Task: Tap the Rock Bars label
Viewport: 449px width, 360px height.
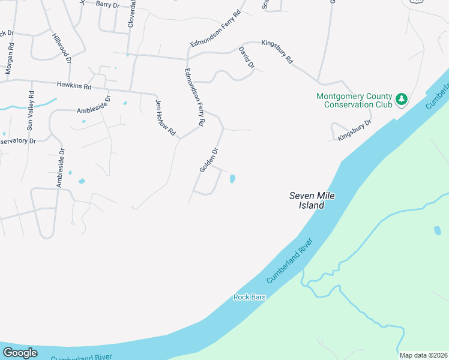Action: click(249, 297)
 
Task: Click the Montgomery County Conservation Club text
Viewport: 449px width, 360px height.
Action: click(354, 100)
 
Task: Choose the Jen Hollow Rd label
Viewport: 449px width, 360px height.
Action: click(166, 117)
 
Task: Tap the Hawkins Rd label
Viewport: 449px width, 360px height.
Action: click(74, 86)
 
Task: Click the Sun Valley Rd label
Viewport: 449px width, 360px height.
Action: click(31, 110)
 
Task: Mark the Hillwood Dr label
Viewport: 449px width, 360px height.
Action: click(62, 48)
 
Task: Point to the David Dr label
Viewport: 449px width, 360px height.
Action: click(246, 57)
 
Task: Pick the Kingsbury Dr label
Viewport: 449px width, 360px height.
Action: click(354, 130)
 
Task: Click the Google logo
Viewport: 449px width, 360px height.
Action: click(19, 353)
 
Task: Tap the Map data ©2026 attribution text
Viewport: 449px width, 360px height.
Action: click(424, 355)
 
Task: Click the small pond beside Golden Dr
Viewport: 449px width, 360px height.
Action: click(232, 178)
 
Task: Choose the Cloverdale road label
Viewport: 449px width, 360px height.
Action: click(131, 13)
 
